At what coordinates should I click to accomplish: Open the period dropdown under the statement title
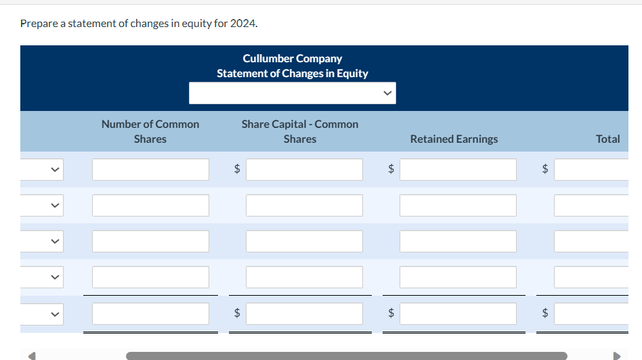coord(292,93)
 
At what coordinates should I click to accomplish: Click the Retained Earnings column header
coord(454,139)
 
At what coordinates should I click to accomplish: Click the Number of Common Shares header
coord(150,131)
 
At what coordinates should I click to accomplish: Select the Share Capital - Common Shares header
coord(300,131)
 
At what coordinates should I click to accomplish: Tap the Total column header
coord(607,139)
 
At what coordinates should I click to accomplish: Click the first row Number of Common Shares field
coord(150,169)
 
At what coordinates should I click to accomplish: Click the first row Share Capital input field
coord(304,169)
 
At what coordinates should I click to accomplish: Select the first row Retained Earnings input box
coord(458,169)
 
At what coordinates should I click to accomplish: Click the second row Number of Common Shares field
coord(150,205)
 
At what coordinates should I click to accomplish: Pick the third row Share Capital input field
coord(304,241)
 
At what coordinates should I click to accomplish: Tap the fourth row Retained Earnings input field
coord(458,277)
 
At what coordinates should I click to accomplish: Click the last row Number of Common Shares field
coord(150,313)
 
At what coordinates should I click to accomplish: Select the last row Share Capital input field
coord(304,313)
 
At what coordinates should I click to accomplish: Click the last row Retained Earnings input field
coord(458,313)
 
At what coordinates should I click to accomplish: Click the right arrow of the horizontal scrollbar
coord(616,355)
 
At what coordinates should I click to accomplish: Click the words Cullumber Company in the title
coord(292,59)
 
